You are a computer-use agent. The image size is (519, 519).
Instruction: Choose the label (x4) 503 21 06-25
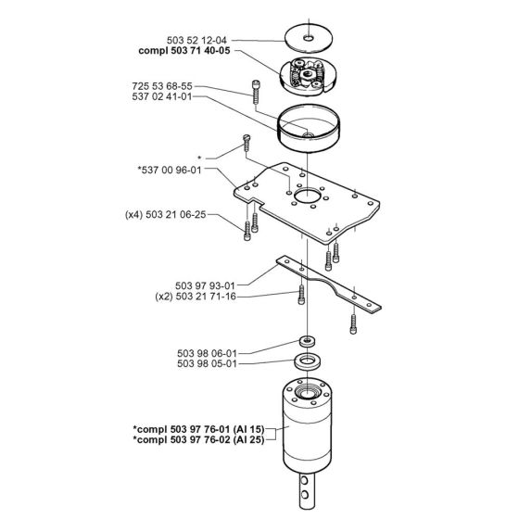point(168,215)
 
